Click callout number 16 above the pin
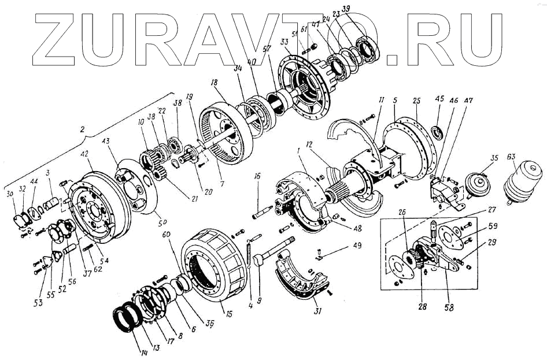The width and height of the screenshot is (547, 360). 258,176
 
